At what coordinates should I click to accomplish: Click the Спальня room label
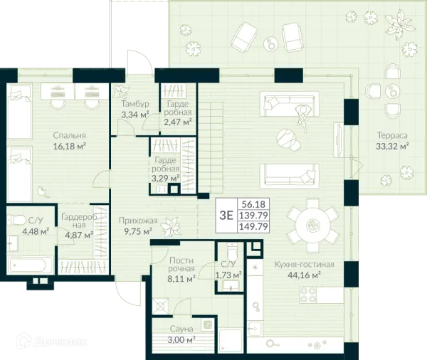tap(69, 135)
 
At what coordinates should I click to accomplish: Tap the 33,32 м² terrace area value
tap(392, 147)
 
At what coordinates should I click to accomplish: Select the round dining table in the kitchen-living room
tap(312, 226)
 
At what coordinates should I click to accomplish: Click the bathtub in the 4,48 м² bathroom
tap(30, 265)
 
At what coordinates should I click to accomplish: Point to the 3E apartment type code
tap(226, 216)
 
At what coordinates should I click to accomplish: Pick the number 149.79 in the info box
tap(253, 226)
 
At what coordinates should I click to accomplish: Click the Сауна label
tap(181, 329)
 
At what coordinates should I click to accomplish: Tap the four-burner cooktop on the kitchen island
tap(308, 295)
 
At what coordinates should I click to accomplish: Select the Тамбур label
tap(135, 104)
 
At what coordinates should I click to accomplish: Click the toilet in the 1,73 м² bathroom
tap(232, 252)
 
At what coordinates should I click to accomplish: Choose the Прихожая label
tap(138, 221)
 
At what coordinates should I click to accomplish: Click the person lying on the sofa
tap(302, 117)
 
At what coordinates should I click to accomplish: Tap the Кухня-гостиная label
tap(304, 264)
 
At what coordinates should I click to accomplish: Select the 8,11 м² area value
tap(181, 279)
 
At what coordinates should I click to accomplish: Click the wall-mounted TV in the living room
tap(338, 140)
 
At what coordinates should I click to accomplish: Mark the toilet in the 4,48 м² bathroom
tap(16, 219)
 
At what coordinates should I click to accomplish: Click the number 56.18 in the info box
tap(253, 204)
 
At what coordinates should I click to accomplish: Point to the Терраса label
tap(392, 135)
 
